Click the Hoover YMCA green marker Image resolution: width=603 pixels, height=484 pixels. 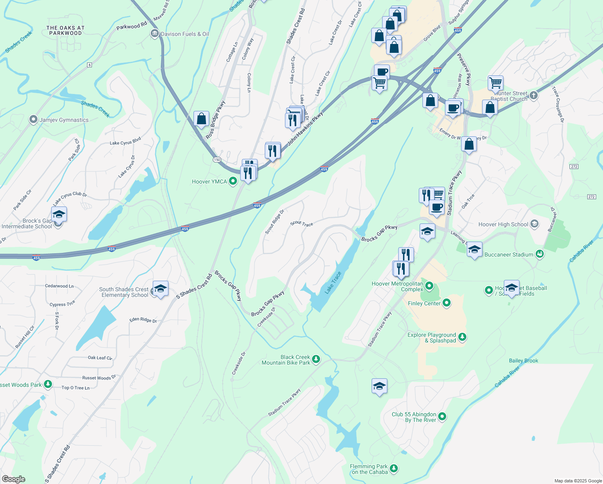click(233, 181)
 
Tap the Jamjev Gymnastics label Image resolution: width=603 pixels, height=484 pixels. click(64, 120)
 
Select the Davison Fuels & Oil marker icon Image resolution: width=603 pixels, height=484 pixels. click(154, 34)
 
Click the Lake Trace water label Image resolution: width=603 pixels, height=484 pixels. click(333, 282)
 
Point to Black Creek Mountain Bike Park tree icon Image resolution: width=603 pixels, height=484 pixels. click(316, 359)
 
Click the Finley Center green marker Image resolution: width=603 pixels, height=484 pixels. click(447, 303)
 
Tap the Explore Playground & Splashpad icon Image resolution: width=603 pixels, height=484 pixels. click(462, 337)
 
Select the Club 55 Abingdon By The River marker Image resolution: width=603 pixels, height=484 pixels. click(442, 416)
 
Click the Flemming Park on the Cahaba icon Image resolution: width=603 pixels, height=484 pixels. click(394, 468)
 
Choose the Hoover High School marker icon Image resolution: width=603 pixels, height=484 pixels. click(534, 224)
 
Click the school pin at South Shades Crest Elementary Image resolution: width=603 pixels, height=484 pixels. click(160, 288)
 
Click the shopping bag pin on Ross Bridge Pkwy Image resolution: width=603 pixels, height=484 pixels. click(201, 119)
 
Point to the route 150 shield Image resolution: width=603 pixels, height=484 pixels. click(217, 160)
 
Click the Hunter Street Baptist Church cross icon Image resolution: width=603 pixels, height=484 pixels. click(534, 96)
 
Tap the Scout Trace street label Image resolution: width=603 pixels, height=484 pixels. click(301, 223)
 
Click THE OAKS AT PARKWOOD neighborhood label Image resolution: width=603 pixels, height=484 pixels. click(65, 31)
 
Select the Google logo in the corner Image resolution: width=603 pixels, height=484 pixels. click(13, 479)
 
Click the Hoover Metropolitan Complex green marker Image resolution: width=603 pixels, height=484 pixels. click(429, 286)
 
